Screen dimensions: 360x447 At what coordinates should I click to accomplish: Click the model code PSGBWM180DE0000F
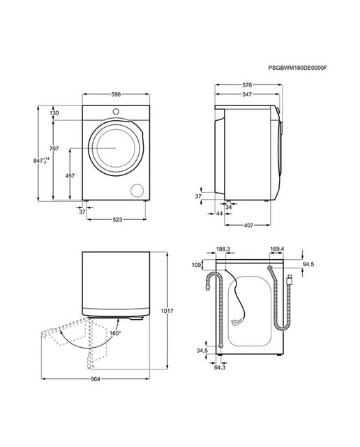(x=298, y=68)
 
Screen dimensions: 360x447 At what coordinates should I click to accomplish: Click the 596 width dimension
(x=116, y=94)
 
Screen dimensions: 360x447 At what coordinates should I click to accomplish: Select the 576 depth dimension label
(x=247, y=85)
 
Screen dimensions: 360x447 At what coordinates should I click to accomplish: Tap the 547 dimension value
(x=247, y=94)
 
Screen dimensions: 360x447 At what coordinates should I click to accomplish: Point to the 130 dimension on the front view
(x=54, y=113)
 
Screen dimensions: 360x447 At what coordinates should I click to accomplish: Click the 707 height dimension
(x=54, y=149)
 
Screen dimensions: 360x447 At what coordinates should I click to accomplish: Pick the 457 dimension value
(x=70, y=175)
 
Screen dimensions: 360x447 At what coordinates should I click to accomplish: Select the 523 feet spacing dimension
(x=117, y=219)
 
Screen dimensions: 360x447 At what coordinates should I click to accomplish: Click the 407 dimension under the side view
(x=248, y=225)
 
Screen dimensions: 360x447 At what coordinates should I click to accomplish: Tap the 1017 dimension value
(x=167, y=311)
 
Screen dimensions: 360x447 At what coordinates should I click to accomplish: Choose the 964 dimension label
(x=96, y=379)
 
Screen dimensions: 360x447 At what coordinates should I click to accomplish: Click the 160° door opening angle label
(x=115, y=333)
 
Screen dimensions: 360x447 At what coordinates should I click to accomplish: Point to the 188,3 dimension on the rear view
(x=223, y=249)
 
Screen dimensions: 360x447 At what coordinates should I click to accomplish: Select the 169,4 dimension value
(x=277, y=249)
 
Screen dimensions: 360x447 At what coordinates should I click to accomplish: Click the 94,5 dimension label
(x=308, y=265)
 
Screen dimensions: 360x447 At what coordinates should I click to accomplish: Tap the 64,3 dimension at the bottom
(x=220, y=367)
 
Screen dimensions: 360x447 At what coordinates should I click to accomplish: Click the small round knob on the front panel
(x=116, y=112)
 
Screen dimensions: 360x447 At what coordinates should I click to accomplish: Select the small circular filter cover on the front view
(x=137, y=191)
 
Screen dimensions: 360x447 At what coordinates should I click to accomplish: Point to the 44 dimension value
(x=219, y=213)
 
